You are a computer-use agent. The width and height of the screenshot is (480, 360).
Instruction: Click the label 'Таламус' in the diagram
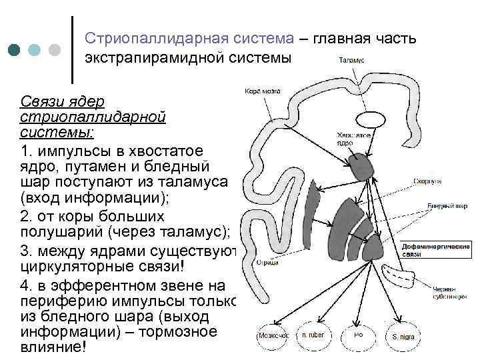coord(351,60)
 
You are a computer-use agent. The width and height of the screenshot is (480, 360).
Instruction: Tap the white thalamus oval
coord(368,119)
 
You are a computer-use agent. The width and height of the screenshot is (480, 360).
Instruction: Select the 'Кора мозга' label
coord(262,91)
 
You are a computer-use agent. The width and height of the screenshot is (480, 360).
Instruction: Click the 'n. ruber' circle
coord(313,335)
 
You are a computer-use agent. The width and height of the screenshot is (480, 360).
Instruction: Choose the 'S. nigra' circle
coord(403,336)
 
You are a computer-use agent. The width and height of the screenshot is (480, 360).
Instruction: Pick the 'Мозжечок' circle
coord(273,335)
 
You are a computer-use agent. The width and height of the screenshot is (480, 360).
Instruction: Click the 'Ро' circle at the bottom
coord(359,335)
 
